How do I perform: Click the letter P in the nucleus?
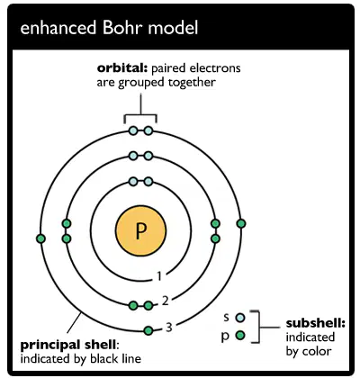pyautogui.click(x=141, y=231)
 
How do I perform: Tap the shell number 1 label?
pyautogui.click(x=159, y=276)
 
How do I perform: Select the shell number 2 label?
pyautogui.click(x=166, y=301)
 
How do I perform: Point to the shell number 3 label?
pyautogui.click(x=169, y=328)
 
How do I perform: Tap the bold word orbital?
pyautogui.click(x=122, y=68)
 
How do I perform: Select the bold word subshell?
pyautogui.click(x=316, y=323)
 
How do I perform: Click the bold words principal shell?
pyautogui.click(x=69, y=345)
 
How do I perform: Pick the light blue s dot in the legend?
pyautogui.click(x=240, y=318)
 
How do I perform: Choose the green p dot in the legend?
pyautogui.click(x=240, y=335)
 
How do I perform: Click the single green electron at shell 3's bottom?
pyautogui.click(x=148, y=330)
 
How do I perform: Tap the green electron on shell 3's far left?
pyautogui.click(x=40, y=238)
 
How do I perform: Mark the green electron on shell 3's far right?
pyautogui.click(x=241, y=223)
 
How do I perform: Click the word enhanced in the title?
pyautogui.click(x=58, y=28)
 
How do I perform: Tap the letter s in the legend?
pyautogui.click(x=226, y=318)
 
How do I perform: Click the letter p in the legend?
pyautogui.click(x=225, y=336)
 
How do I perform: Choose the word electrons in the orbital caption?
pyautogui.click(x=215, y=68)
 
